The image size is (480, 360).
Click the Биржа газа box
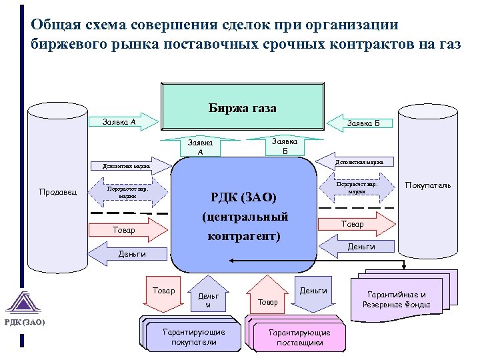[242, 107]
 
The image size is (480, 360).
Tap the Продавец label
[58, 192]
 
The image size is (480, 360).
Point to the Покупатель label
[428, 185]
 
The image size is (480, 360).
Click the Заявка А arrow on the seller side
[124, 122]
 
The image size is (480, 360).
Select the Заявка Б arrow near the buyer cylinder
[359, 123]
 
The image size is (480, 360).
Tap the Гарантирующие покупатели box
[193, 336]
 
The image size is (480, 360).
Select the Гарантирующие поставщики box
[299, 336]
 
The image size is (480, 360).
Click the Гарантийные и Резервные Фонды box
[401, 299]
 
